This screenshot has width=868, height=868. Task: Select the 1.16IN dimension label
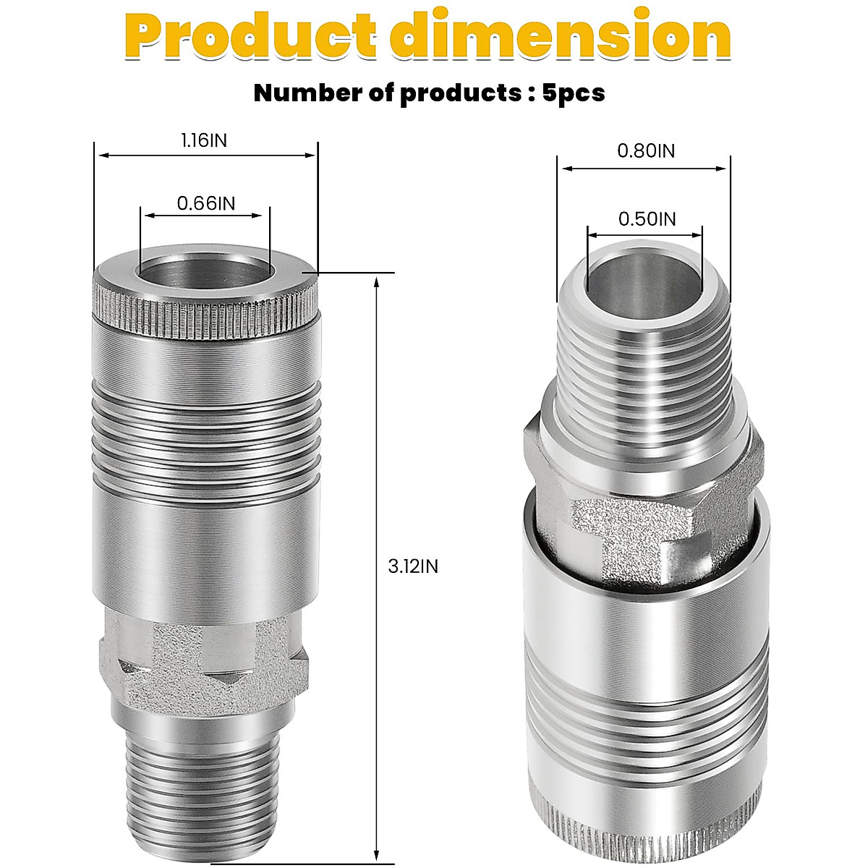pyautogui.click(x=204, y=140)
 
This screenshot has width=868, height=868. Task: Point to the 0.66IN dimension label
pyautogui.click(x=206, y=203)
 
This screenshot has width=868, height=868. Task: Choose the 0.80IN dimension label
pyautogui.click(x=645, y=151)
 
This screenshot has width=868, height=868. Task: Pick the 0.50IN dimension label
pyautogui.click(x=647, y=218)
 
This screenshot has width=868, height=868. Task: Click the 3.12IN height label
pyautogui.click(x=413, y=566)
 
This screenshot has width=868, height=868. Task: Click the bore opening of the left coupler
pyautogui.click(x=205, y=271)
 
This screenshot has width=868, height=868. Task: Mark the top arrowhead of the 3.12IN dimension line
pyautogui.click(x=376, y=282)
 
